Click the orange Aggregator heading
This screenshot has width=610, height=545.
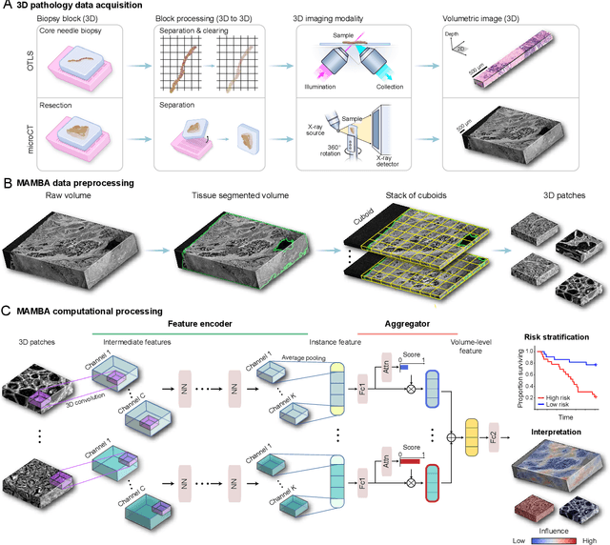click(407, 325)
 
